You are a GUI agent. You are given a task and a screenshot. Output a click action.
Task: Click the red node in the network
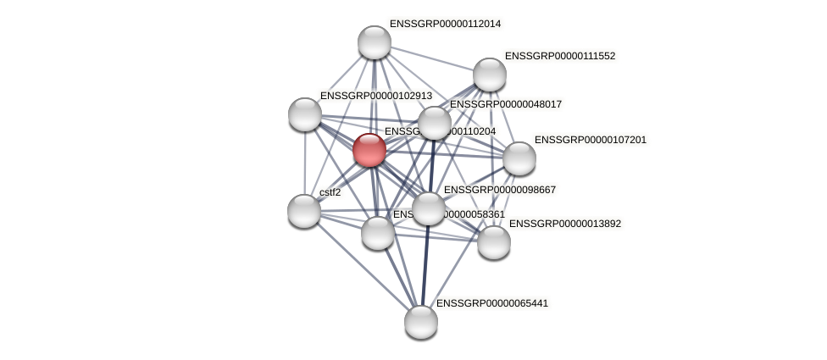click(369, 150)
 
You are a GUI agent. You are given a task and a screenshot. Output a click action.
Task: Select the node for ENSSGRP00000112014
click(375, 42)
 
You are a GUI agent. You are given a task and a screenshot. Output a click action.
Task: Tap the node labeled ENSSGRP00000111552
click(490, 75)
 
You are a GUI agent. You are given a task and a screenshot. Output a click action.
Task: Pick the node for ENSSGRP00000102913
click(305, 114)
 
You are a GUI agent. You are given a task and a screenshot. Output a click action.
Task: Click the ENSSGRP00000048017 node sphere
click(435, 123)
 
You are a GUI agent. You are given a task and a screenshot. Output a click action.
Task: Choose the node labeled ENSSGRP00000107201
click(519, 158)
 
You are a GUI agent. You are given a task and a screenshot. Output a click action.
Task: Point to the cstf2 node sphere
click(304, 211)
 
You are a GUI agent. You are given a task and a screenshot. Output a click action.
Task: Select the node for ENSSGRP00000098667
click(429, 208)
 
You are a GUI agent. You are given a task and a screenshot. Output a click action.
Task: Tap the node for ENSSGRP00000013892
click(494, 242)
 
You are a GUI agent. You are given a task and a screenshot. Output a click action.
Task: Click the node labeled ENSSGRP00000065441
click(421, 322)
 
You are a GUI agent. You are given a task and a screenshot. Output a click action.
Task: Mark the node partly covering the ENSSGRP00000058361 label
click(378, 233)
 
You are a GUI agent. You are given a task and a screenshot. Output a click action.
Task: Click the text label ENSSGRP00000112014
click(445, 24)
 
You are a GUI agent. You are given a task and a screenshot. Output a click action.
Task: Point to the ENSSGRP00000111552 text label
click(560, 56)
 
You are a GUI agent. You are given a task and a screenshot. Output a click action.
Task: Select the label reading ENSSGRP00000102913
click(376, 97)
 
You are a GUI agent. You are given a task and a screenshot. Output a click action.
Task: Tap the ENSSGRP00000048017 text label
click(506, 104)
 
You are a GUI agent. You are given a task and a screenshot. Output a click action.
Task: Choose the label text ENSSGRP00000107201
click(590, 140)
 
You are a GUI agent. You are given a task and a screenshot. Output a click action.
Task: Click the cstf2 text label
click(330, 192)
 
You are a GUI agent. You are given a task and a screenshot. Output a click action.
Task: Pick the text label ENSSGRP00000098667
click(500, 190)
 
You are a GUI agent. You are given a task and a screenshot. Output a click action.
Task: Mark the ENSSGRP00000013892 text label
click(565, 224)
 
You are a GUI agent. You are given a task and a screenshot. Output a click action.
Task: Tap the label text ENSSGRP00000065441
click(492, 303)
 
